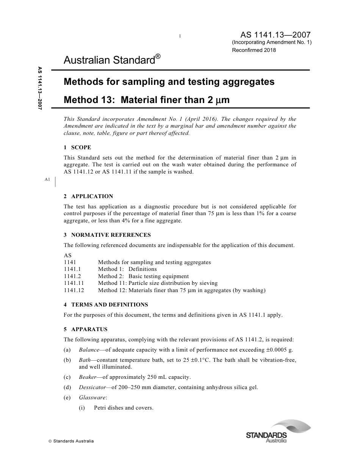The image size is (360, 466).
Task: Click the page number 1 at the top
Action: [x=180, y=36]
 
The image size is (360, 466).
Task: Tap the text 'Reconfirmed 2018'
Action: [x=254, y=50]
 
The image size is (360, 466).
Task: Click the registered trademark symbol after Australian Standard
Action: [x=158, y=56]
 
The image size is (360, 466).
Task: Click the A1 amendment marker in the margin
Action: [x=47, y=179]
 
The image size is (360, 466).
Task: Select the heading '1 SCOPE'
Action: [x=77, y=147]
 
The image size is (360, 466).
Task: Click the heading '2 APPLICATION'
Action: [x=88, y=196]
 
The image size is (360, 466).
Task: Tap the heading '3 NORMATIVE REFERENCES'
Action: [x=107, y=235]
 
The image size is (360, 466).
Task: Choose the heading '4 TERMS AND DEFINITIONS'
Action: [x=106, y=305]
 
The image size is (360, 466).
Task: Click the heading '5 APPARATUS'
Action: [x=86, y=330]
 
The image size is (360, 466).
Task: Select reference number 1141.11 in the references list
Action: [x=74, y=283]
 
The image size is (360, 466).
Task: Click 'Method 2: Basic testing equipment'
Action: [x=143, y=276]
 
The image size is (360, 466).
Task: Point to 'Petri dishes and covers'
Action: [x=124, y=408]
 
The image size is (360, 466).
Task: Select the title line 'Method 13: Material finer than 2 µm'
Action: [x=147, y=100]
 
